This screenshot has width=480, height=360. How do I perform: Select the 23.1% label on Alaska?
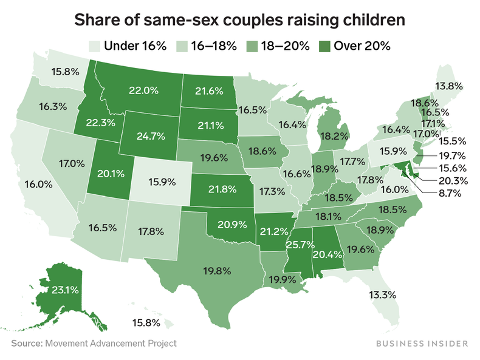click(x=64, y=291)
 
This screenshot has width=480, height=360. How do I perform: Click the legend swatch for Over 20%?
click(x=326, y=46)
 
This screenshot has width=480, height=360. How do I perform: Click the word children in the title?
click(x=371, y=21)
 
